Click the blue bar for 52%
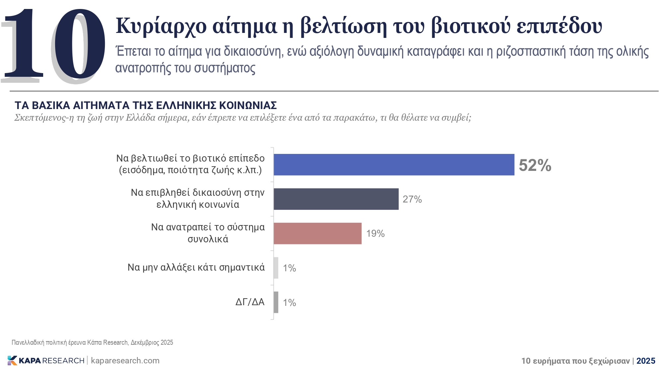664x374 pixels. (394, 165)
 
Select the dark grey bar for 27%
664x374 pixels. (336, 199)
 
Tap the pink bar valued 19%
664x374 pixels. (317, 233)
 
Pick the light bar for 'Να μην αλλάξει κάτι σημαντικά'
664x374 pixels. (276, 268)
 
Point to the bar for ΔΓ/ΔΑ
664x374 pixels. (276, 302)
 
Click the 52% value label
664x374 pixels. (535, 165)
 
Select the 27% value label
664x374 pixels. (412, 199)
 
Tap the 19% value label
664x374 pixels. (375, 233)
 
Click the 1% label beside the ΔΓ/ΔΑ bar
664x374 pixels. (289, 303)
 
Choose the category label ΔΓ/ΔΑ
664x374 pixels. (250, 302)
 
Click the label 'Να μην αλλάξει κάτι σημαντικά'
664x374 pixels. (196, 267)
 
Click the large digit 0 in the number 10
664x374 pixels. (78, 45)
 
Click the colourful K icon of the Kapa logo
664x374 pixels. (12, 360)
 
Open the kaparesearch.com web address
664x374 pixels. (125, 361)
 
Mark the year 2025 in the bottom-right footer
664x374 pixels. (646, 361)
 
